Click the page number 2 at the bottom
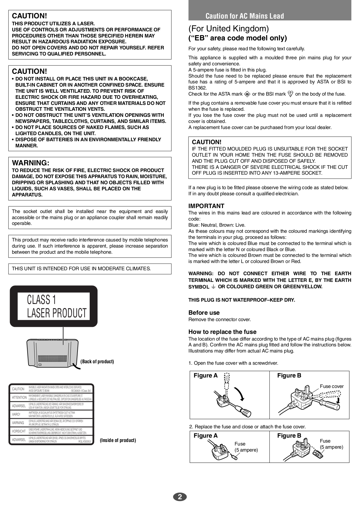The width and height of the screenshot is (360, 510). click(180, 497)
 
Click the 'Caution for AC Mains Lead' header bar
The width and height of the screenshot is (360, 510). click(270, 16)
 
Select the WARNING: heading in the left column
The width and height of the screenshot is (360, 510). click(30, 163)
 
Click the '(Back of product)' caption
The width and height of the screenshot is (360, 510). click(97, 362)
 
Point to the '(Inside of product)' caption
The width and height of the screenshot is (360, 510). click(118, 440)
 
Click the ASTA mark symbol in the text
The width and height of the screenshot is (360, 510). click(247, 94)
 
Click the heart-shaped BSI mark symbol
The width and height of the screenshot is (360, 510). click(290, 94)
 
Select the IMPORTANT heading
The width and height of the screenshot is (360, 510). click(206, 206)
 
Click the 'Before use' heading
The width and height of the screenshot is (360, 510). click(204, 313)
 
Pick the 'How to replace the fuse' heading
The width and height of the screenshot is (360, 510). click(222, 332)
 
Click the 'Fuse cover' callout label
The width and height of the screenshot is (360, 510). click(332, 386)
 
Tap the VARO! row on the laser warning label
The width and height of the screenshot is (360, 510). click(51, 414)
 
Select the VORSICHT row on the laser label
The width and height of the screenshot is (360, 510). click(51, 431)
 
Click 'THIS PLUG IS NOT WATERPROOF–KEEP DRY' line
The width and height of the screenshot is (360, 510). click(242, 300)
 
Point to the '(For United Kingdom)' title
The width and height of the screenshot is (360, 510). click(228, 29)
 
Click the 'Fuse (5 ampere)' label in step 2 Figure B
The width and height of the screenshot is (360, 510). click(332, 444)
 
